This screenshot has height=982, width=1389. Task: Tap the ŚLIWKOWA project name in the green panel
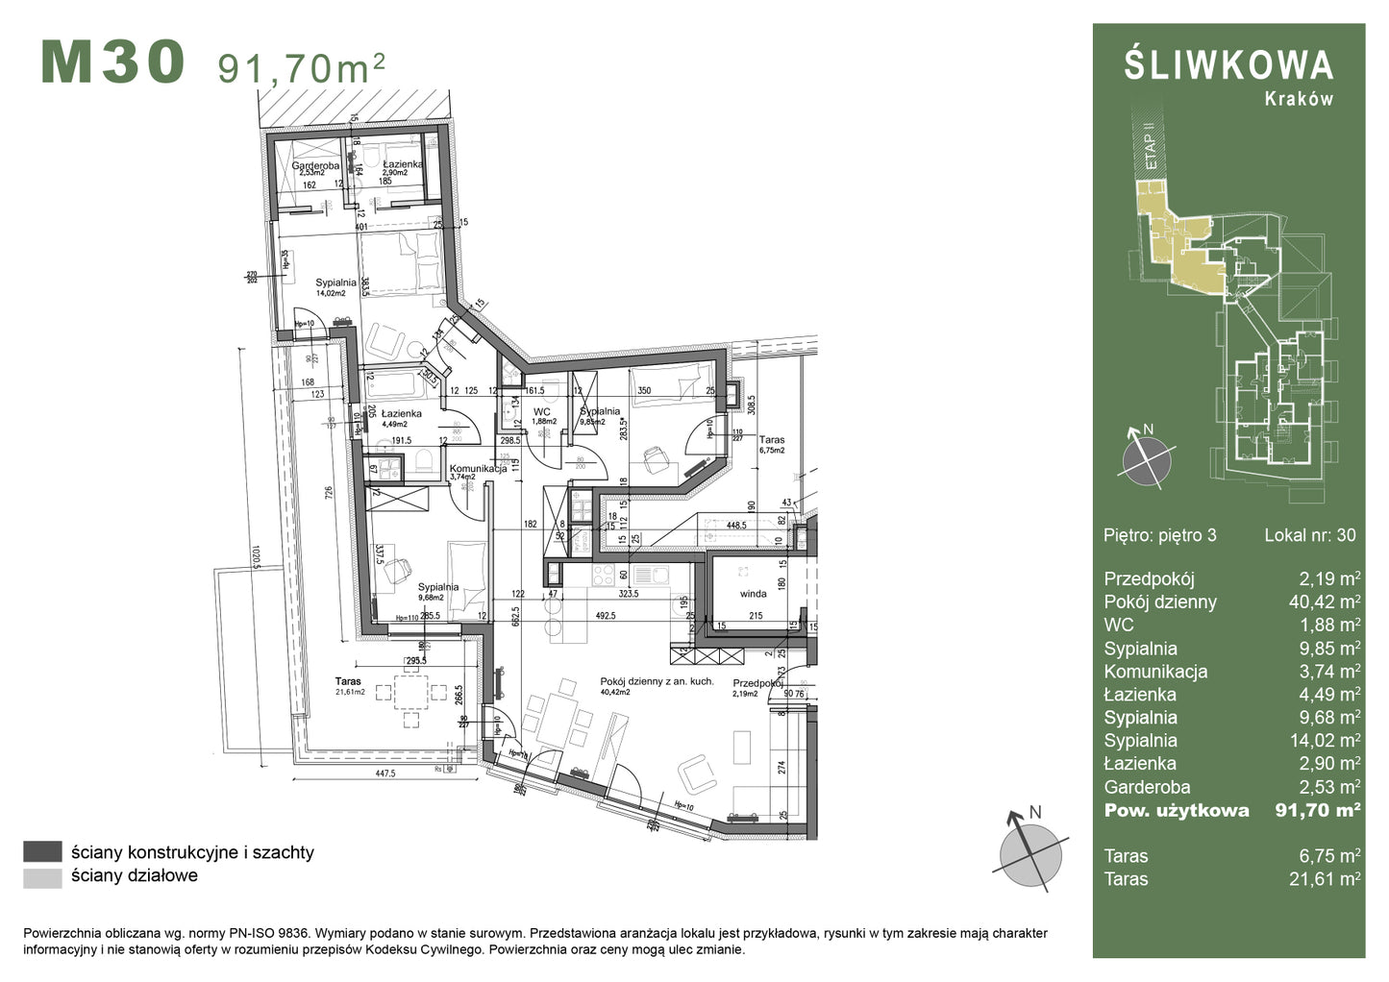tap(1228, 65)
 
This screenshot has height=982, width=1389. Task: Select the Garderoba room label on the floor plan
tap(316, 165)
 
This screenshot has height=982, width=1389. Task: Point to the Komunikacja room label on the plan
tap(478, 469)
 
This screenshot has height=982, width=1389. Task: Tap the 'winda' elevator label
tap(754, 594)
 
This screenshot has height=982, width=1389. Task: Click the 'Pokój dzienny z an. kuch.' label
tap(657, 681)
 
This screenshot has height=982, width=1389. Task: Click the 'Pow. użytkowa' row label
tap(1176, 810)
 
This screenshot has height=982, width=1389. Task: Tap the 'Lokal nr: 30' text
tap(1309, 535)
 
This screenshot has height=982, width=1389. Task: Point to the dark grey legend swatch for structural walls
tap(42, 852)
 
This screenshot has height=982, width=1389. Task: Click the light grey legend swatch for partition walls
tap(42, 876)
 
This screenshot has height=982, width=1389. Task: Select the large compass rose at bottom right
tap(1030, 850)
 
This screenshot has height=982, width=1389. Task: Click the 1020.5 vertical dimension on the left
tap(257, 557)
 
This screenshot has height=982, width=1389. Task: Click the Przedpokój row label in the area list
tap(1149, 579)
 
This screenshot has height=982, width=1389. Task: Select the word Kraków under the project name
tap(1299, 99)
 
